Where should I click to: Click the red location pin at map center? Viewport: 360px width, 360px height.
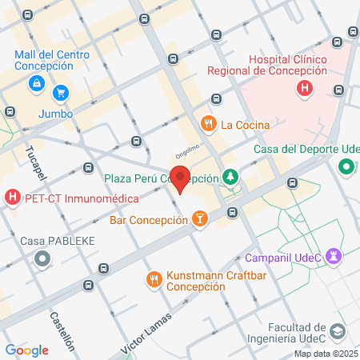[x=180, y=178]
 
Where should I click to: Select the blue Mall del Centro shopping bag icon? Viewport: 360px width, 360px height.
[x=37, y=82]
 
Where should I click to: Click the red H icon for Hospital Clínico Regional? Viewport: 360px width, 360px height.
[x=304, y=88]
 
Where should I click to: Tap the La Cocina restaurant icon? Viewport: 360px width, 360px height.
[x=207, y=124]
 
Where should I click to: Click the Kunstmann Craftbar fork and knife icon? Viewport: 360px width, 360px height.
[x=153, y=279]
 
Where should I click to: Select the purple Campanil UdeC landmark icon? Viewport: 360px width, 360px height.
[x=334, y=256]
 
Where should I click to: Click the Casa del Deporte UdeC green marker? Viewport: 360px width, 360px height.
[x=346, y=166]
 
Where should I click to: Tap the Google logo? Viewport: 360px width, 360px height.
[x=26, y=350]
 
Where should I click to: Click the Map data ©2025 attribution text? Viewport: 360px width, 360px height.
[x=326, y=354]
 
